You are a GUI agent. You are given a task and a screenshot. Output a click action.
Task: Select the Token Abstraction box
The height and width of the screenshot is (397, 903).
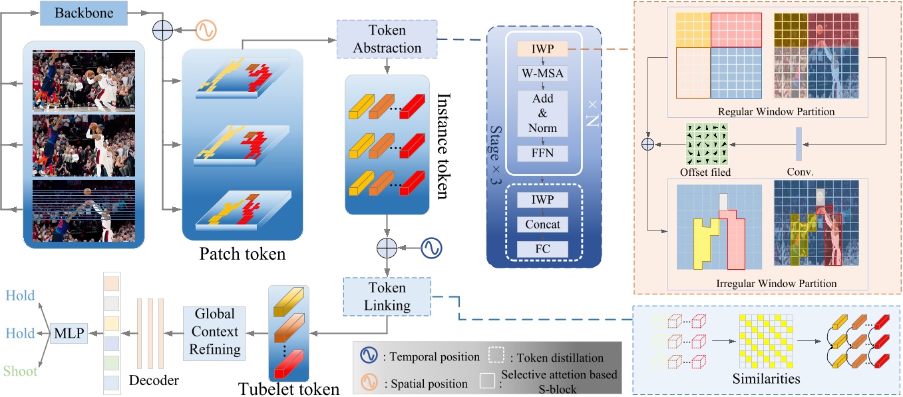pos(387,39)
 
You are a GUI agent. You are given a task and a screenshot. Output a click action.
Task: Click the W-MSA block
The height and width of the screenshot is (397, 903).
pos(543,73)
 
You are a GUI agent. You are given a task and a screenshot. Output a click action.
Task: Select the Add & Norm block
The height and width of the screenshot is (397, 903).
pos(543,113)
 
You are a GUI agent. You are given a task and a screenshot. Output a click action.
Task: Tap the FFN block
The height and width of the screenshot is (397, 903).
pos(543,154)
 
